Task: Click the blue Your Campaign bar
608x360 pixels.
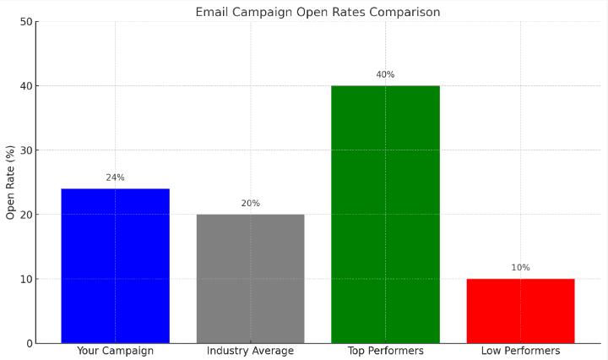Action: click(x=115, y=265)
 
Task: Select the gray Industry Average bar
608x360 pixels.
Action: click(x=250, y=278)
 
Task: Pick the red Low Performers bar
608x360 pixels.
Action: click(x=520, y=310)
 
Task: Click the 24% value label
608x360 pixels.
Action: click(x=115, y=177)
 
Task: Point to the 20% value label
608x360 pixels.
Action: click(x=250, y=204)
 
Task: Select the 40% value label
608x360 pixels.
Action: click(x=385, y=74)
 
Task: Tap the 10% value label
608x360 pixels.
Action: click(x=520, y=268)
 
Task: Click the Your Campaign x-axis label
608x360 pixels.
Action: click(x=115, y=351)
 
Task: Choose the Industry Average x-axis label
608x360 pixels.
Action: click(x=250, y=351)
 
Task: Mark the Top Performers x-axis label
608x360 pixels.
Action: click(x=385, y=351)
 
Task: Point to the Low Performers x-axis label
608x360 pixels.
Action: click(x=520, y=351)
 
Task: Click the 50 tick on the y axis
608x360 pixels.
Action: click(x=25, y=22)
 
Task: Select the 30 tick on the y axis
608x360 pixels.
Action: click(x=25, y=150)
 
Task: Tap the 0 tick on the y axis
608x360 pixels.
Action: click(x=29, y=343)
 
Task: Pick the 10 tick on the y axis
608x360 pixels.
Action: click(x=25, y=279)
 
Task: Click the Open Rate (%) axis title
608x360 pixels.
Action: click(x=11, y=183)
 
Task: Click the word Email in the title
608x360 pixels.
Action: click(x=211, y=12)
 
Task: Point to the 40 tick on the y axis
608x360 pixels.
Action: click(x=25, y=86)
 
